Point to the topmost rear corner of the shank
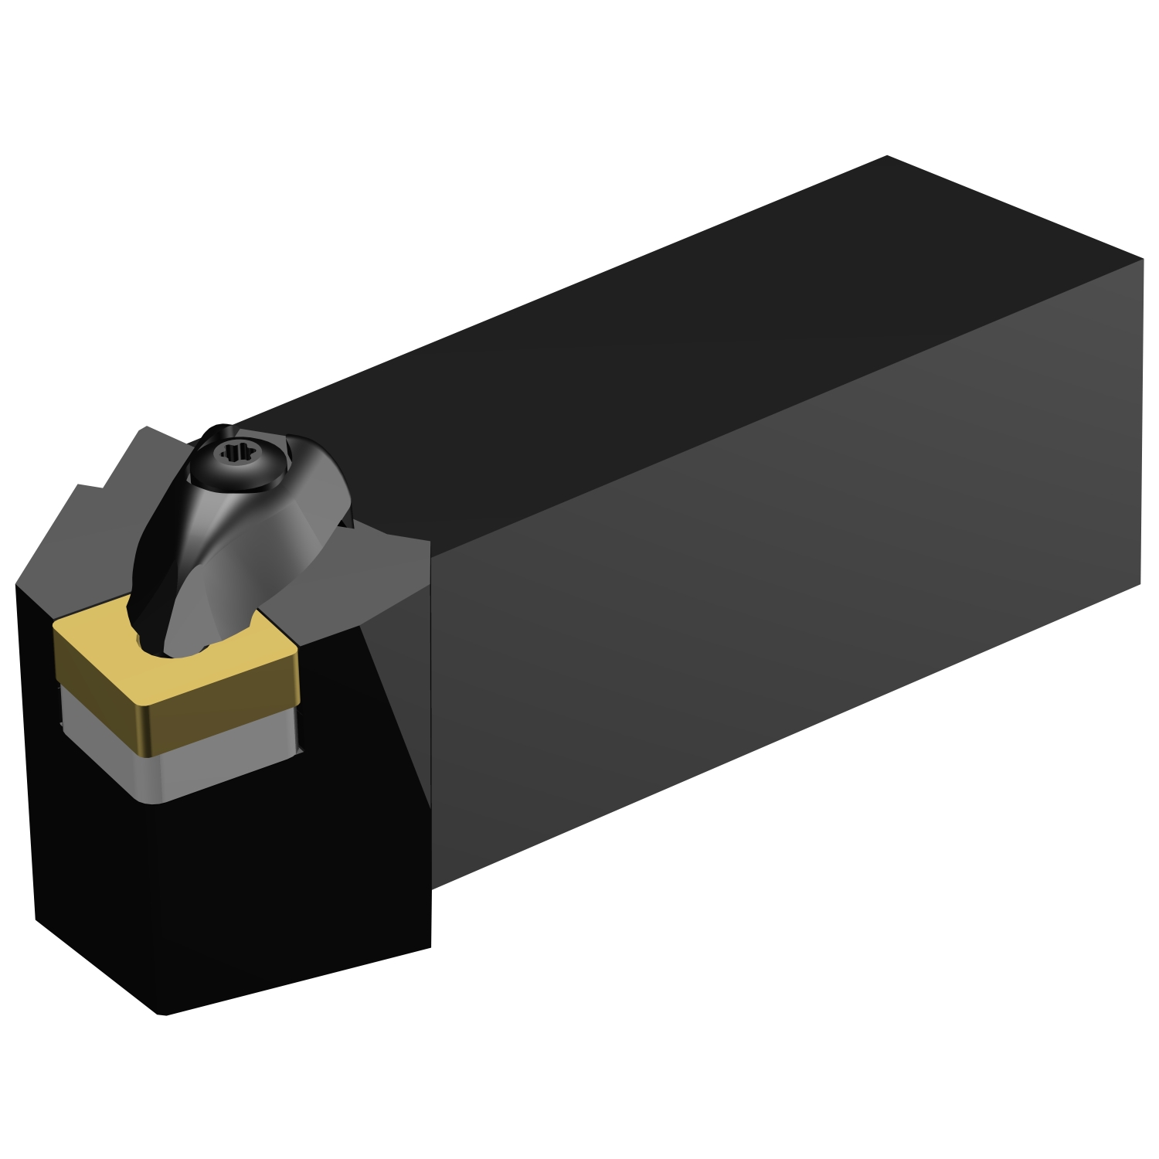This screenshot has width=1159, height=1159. (x=887, y=157)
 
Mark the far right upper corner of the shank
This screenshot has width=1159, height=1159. (x=1141, y=260)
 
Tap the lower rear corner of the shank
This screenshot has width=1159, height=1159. (x=1140, y=583)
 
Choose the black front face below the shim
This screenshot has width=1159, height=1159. (x=232, y=889)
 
